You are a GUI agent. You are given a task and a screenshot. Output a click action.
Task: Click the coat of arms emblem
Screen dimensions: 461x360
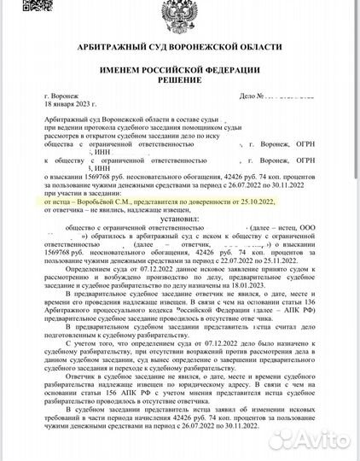coord(179,20)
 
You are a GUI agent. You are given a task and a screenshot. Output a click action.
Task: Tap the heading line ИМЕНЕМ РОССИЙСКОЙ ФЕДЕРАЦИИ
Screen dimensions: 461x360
coord(179,78)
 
